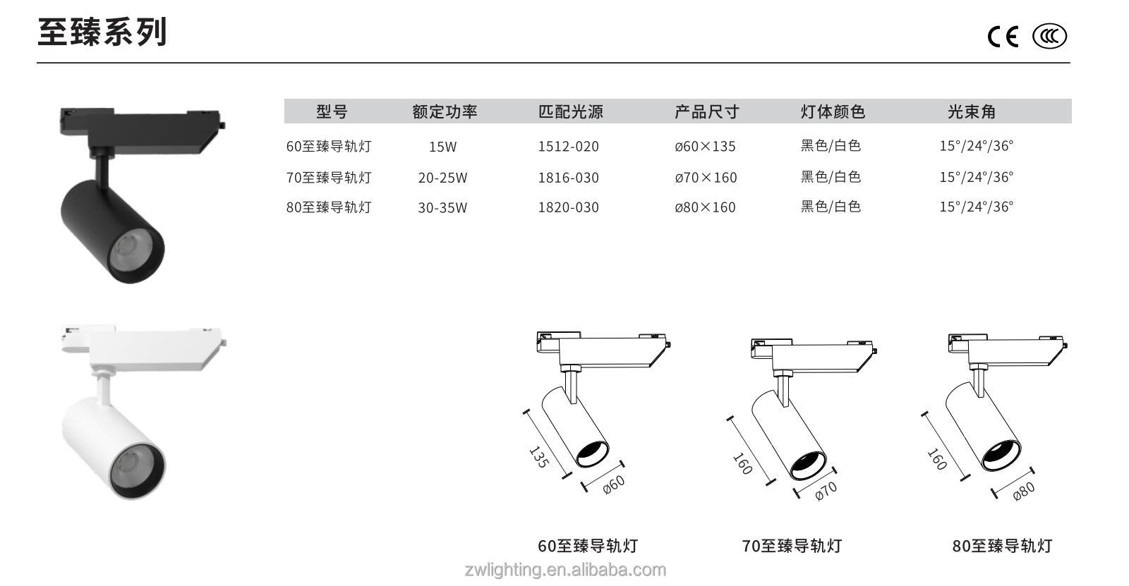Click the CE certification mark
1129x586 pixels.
pos(1003,36)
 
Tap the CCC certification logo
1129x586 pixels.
pos(1049,36)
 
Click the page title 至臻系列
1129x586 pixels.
pos(102,32)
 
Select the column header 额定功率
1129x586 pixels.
pos(445,111)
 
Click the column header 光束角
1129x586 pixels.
pos(971,111)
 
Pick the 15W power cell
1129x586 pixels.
pos(442,147)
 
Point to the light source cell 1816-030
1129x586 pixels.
pos(568,178)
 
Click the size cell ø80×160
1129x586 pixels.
pos(705,207)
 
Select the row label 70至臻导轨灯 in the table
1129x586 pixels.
pos(329,178)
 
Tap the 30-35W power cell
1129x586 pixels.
pos(442,207)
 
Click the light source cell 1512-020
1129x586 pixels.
pos(568,147)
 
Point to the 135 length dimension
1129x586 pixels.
pos(538,457)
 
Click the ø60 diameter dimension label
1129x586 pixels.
pos(614,484)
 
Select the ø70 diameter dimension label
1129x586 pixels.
pos(826,491)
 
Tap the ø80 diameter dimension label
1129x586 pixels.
pos(1023,491)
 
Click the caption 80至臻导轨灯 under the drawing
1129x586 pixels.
pos(1001,546)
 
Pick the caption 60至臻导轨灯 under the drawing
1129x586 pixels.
pos(588,546)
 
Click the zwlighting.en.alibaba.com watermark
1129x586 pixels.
pos(564,570)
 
